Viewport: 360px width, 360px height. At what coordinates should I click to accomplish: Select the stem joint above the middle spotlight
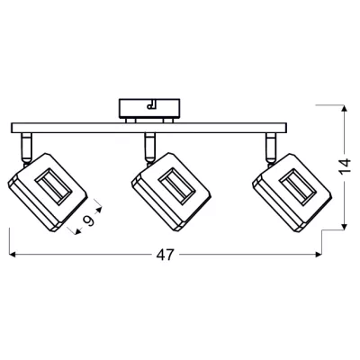click(x=150, y=141)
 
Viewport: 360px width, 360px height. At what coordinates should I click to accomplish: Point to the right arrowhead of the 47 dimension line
click(x=322, y=255)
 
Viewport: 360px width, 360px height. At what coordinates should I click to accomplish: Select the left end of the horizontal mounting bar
click(x=11, y=127)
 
